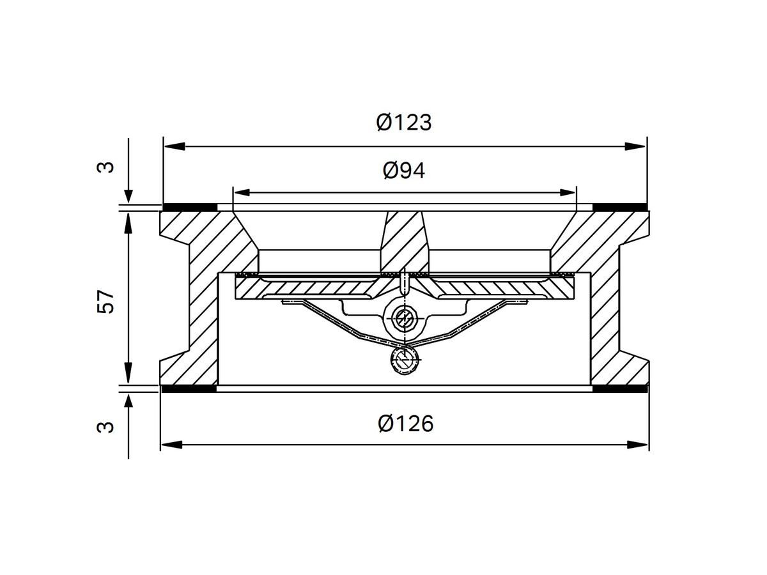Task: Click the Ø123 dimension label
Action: point(404,122)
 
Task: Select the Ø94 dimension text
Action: point(404,171)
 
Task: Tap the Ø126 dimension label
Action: point(405,423)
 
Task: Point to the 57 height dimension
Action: point(107,300)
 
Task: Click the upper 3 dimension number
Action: point(107,167)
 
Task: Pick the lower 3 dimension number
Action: point(107,426)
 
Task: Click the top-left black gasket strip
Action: point(190,206)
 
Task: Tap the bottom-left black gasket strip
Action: point(190,388)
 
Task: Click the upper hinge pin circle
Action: point(404,317)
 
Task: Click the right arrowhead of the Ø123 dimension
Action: point(636,147)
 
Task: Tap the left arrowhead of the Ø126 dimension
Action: point(171,444)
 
